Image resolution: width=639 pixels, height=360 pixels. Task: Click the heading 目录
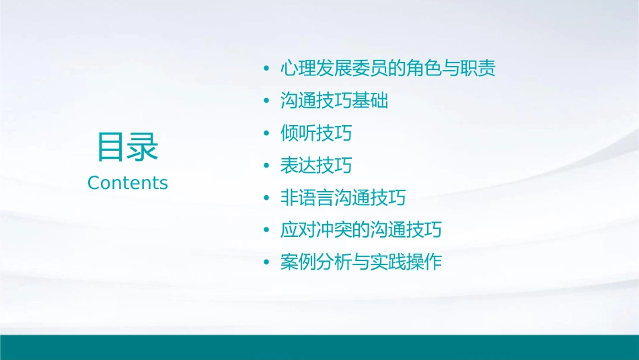click(128, 147)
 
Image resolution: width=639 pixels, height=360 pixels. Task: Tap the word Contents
click(128, 183)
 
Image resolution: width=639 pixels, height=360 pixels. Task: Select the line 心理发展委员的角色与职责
click(388, 69)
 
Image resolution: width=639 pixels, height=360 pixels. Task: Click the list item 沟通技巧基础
click(334, 101)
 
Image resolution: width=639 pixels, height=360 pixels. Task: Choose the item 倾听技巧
click(316, 133)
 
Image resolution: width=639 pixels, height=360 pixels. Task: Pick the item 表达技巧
click(316, 166)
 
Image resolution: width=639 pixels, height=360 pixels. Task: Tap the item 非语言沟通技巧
click(343, 198)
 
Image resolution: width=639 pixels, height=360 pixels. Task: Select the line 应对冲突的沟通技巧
click(361, 230)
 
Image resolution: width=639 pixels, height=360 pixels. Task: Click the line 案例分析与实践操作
click(361, 262)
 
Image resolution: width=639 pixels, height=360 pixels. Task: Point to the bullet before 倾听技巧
click(267, 134)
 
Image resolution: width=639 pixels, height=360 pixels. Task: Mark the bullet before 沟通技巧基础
click(267, 102)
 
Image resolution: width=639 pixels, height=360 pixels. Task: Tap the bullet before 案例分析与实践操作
click(267, 263)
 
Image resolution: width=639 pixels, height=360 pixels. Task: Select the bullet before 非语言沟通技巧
click(267, 199)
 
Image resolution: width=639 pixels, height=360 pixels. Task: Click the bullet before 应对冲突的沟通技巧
click(267, 231)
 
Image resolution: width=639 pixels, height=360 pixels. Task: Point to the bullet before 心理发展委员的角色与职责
click(267, 69)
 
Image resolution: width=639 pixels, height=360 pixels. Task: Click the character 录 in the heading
click(143, 147)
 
